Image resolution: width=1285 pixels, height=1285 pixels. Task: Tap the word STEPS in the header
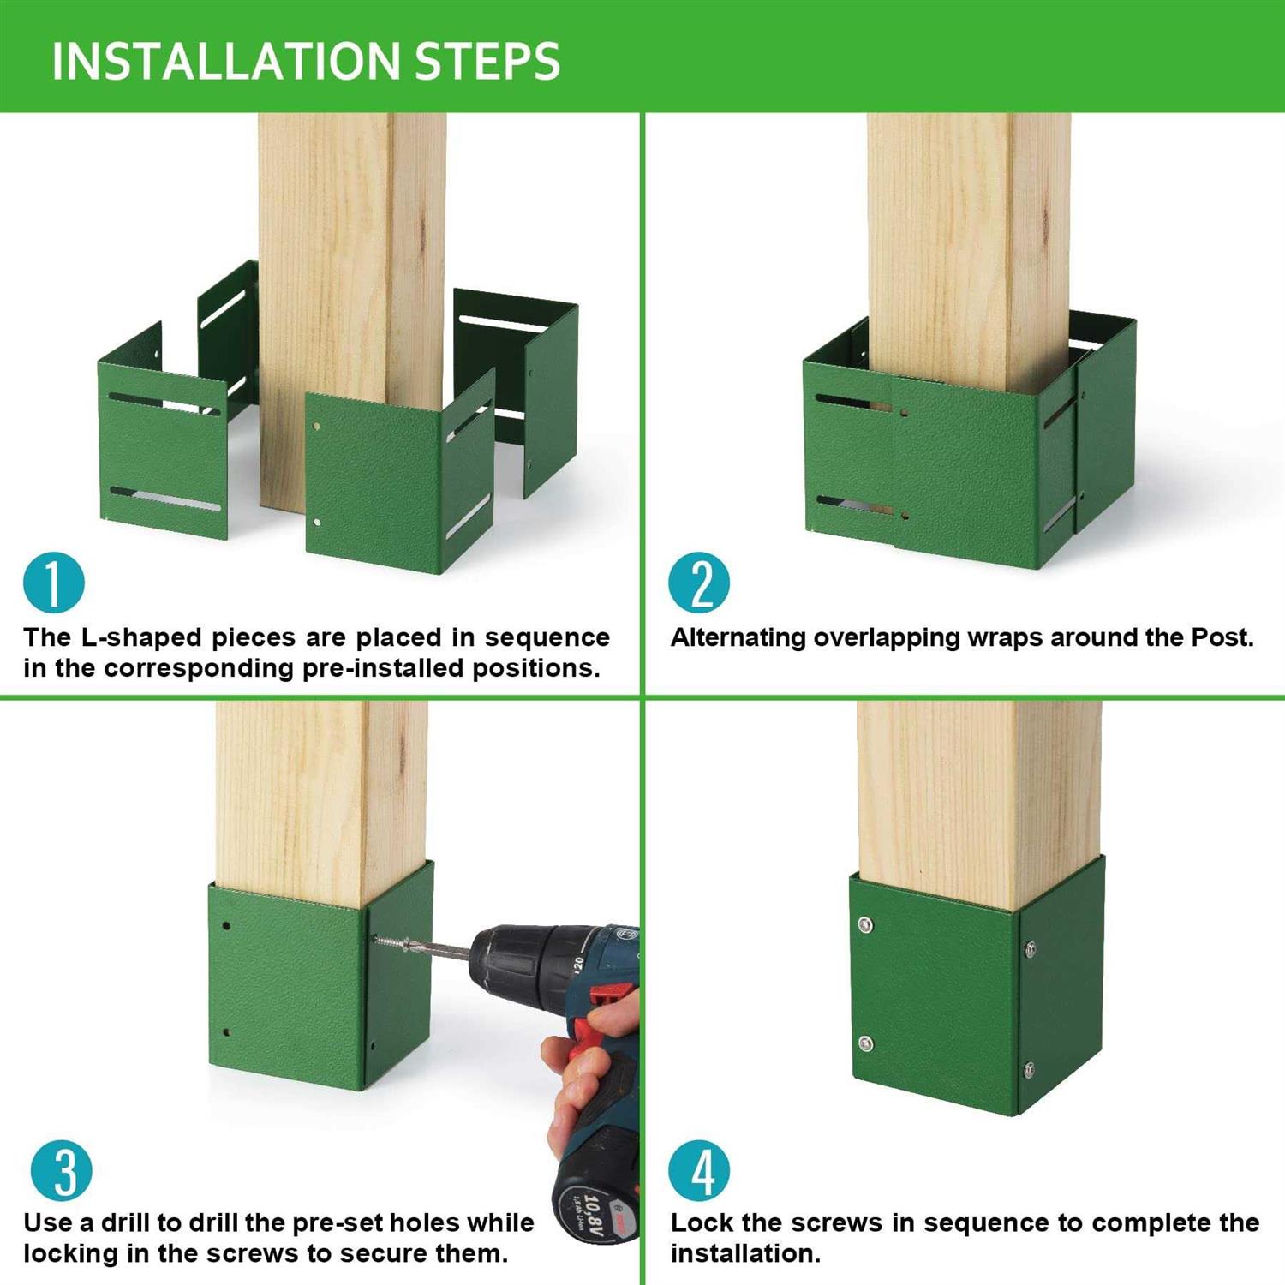point(487,61)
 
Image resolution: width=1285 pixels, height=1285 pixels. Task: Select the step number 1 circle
point(54,583)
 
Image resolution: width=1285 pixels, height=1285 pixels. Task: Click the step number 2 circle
point(699,583)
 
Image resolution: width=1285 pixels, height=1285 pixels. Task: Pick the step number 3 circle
point(61,1171)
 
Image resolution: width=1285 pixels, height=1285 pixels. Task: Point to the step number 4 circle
point(699,1171)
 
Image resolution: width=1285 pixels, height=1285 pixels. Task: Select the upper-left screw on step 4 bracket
point(865,924)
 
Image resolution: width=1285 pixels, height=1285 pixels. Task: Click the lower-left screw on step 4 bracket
point(866,1043)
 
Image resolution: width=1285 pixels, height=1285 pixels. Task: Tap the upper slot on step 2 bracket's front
point(852,402)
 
